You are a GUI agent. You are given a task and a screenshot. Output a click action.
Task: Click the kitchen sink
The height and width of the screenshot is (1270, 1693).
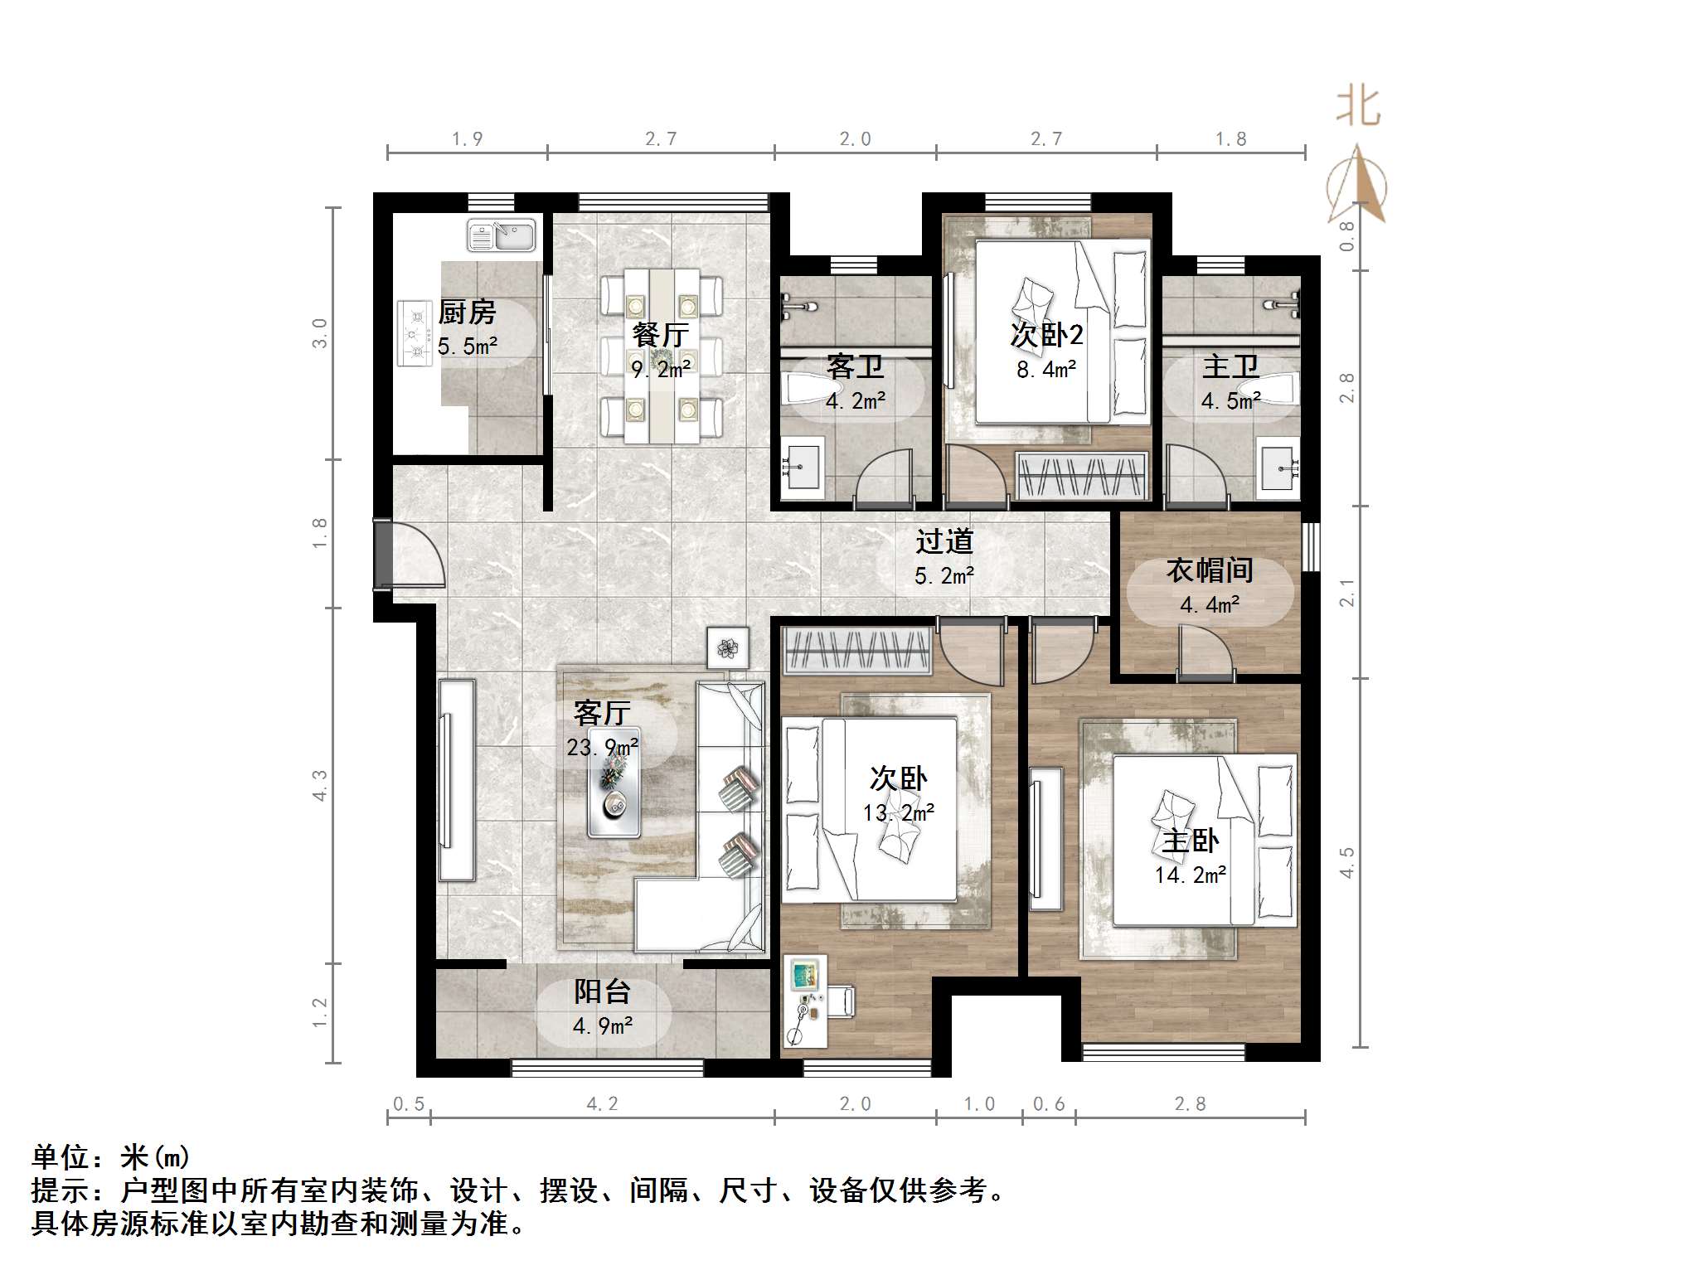[502, 235]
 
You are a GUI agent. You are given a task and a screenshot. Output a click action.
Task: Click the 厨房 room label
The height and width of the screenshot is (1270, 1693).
[467, 313]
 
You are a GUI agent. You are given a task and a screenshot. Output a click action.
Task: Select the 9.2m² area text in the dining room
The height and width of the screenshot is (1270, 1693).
[661, 368]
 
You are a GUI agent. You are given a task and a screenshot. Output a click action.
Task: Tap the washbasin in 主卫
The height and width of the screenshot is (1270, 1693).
[1277, 468]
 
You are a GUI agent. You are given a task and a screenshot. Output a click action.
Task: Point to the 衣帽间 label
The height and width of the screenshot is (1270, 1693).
[1210, 570]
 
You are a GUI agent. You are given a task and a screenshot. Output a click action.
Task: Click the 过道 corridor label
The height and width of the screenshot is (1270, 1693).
[944, 542]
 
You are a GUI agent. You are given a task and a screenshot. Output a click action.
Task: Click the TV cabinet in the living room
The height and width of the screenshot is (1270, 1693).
[456, 779]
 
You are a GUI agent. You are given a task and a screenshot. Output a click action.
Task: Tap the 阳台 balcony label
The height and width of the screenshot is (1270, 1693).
[603, 991]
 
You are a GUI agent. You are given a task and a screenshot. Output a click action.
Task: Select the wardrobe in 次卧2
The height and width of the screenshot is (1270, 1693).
[1082, 476]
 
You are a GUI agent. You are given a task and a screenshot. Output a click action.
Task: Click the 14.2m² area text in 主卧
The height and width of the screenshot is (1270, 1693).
[1191, 875]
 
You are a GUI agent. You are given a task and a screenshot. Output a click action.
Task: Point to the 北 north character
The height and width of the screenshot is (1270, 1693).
[1358, 107]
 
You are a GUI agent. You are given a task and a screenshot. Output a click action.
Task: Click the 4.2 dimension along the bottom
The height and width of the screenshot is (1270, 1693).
[602, 1103]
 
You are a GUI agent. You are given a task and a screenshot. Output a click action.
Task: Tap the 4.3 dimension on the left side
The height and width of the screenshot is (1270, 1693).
[320, 784]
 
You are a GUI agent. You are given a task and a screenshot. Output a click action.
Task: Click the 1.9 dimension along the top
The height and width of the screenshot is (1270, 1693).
[467, 139]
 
